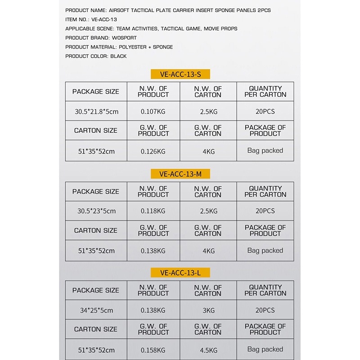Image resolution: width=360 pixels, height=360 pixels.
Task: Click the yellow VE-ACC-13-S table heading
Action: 180,74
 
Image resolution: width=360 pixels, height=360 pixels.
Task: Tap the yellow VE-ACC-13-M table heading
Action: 180,174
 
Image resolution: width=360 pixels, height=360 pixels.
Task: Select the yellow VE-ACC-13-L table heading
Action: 180,273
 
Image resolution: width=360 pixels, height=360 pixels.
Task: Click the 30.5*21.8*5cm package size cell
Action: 96,111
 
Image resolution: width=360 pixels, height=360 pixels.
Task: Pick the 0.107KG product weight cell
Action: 153,111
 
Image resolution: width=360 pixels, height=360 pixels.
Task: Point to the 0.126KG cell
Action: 153,151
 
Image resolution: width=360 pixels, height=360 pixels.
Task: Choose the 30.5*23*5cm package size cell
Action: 96,211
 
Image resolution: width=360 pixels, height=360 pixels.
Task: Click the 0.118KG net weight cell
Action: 153,211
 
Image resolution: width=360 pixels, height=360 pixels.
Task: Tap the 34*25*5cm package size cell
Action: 96,310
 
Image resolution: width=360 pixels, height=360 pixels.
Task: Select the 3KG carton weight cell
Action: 208,310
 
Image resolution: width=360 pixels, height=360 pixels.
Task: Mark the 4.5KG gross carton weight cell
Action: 208,350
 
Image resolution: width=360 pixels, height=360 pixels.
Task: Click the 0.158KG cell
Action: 153,350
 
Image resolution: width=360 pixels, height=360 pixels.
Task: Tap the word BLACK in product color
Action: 118,56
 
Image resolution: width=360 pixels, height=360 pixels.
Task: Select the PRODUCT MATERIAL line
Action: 119,47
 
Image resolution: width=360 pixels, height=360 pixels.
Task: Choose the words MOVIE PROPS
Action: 220,28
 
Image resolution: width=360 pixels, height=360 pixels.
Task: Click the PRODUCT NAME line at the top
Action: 168,10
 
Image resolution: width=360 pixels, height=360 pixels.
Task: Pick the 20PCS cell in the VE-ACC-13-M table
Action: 265,211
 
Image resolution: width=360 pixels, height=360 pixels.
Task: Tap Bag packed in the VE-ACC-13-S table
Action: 265,151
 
